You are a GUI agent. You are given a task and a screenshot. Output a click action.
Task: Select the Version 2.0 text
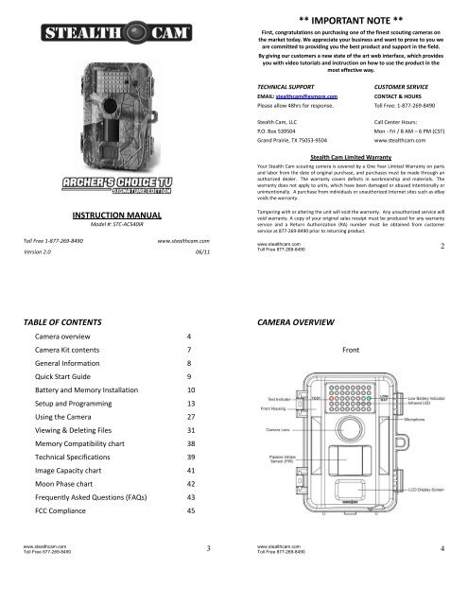pyautogui.click(x=38, y=252)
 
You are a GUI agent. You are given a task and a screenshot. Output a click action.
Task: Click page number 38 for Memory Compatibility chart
pyautogui.click(x=192, y=442)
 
